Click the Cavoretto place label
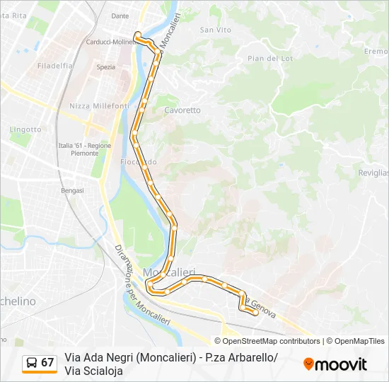point(182,110)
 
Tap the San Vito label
point(216,30)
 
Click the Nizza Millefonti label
point(99,105)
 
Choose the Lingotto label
point(25,129)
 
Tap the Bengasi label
point(72,190)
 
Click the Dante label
point(120,16)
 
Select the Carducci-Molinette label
point(110,42)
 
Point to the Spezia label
point(105,67)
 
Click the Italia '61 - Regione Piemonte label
point(80,149)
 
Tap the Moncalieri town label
point(169,272)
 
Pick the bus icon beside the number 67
point(31,363)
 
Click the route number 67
point(47,363)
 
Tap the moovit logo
point(335,364)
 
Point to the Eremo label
point(376,52)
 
